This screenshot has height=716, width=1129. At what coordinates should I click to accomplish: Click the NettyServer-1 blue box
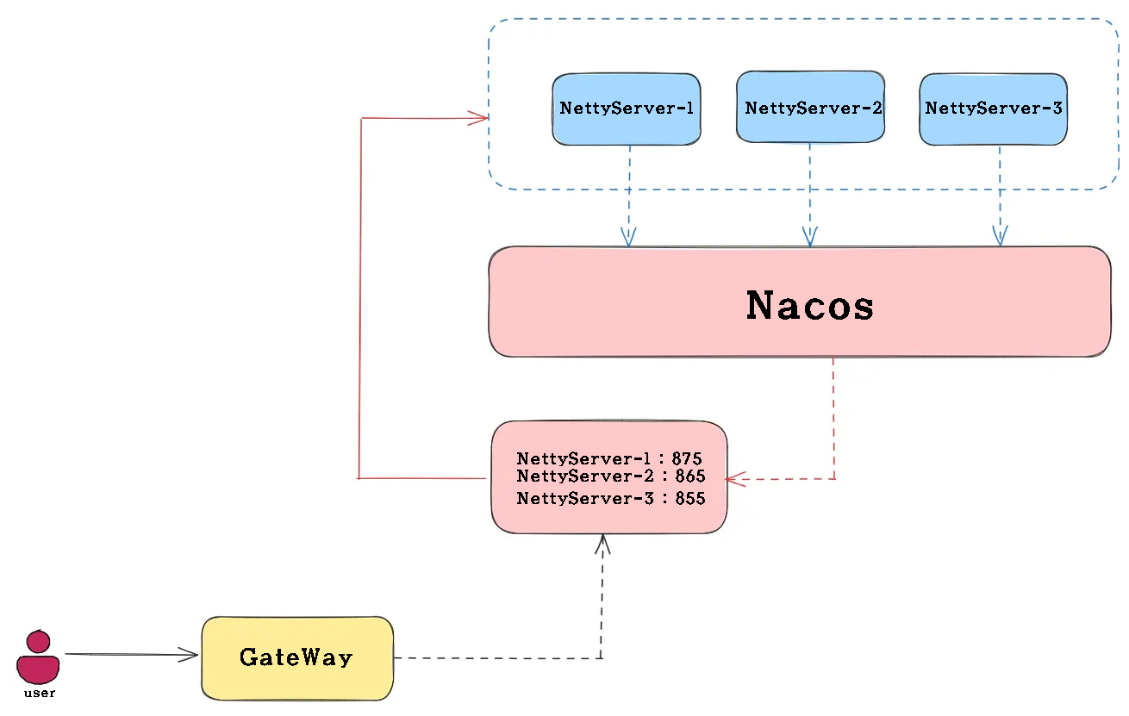(626, 109)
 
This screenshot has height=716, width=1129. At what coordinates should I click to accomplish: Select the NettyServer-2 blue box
(810, 108)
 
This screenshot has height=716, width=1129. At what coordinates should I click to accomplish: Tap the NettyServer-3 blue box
(994, 109)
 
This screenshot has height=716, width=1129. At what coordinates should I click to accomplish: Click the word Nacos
(809, 305)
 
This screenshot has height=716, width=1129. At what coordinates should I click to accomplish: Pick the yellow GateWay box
(297, 658)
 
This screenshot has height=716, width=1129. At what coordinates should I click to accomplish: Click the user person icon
(38, 657)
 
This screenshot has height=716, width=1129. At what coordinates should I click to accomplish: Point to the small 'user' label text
(39, 693)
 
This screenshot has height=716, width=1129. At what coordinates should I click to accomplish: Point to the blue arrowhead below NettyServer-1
(628, 238)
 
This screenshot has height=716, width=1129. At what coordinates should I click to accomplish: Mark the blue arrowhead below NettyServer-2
(809, 237)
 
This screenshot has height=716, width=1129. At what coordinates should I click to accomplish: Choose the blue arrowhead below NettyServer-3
(1001, 236)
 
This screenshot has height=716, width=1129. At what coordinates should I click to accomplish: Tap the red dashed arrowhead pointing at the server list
(733, 479)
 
